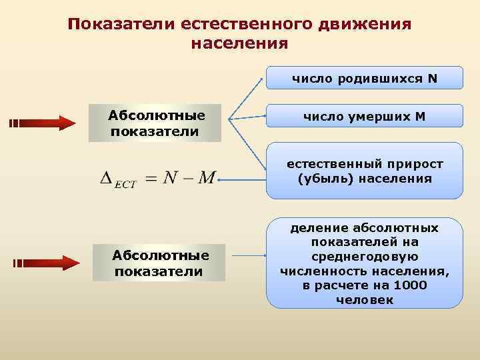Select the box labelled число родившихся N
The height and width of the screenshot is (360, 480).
365,78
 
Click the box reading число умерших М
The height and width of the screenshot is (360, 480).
365,117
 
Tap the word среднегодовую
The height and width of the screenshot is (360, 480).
365,257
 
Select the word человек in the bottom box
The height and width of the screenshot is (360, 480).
365,300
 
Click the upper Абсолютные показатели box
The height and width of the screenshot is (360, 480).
155,123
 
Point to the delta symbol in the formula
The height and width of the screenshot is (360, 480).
106,178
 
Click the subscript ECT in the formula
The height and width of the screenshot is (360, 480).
125,185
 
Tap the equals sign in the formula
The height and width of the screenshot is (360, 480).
154,178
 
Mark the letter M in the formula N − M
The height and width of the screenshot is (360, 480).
207,178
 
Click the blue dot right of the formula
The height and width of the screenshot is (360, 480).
219,179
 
